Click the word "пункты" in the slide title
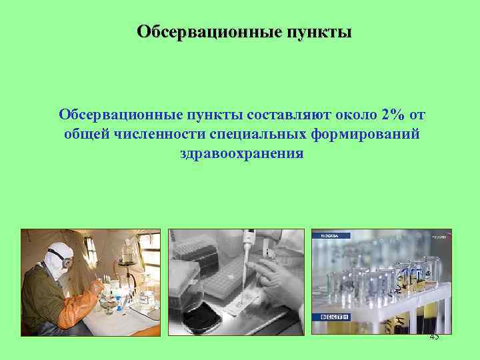click(x=319, y=32)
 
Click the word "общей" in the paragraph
click(x=85, y=135)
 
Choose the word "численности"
click(x=159, y=135)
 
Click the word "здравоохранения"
click(x=241, y=154)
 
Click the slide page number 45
click(x=434, y=336)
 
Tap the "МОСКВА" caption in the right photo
click(x=330, y=235)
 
